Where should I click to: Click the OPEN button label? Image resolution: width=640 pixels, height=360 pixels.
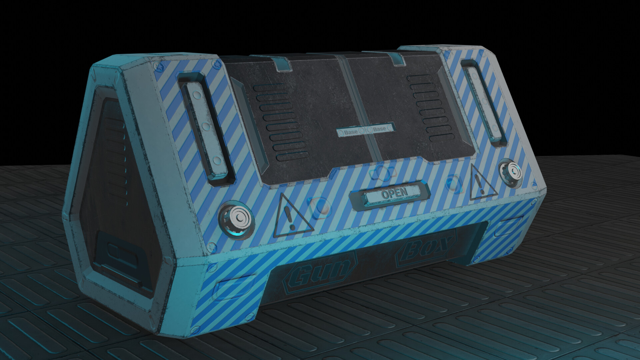click(394, 193)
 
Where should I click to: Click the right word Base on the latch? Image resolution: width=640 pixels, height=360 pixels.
click(379, 129)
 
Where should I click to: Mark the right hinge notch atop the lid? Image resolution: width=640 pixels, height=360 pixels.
click(399, 59)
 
